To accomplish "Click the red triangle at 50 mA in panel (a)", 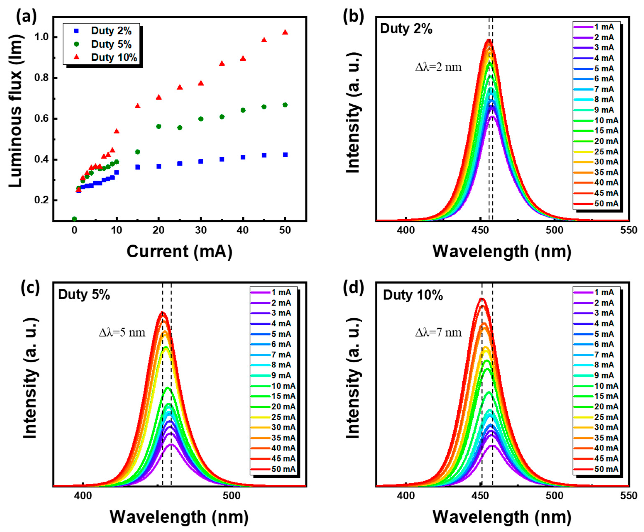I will pyautogui.click(x=285, y=32).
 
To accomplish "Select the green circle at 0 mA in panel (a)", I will pyautogui.click(x=74, y=219).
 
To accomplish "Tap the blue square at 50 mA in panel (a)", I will pyautogui.click(x=285, y=155).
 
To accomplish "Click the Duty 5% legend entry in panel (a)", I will pyautogui.click(x=104, y=44).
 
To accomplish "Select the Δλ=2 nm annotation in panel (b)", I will pyautogui.click(x=438, y=67).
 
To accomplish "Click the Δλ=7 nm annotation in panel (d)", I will pyautogui.click(x=438, y=333).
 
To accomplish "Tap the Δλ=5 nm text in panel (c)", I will pyautogui.click(x=122, y=333).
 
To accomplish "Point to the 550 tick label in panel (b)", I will pyautogui.click(x=628, y=230).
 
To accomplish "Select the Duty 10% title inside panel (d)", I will pyautogui.click(x=413, y=295).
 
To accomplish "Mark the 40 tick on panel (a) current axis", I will pyautogui.click(x=243, y=230).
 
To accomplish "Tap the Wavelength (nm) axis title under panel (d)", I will pyautogui.click(x=502, y=517).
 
